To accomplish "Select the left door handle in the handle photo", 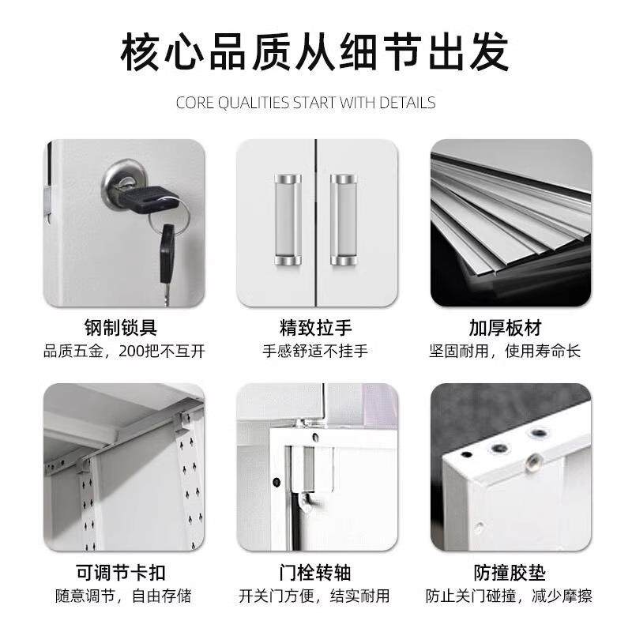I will (x=288, y=219).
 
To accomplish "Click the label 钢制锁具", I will (x=124, y=327).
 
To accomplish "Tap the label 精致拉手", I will (x=315, y=327).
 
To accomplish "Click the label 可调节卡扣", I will (x=124, y=572).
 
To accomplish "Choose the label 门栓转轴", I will (x=315, y=572).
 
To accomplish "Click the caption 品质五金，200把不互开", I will (x=124, y=351).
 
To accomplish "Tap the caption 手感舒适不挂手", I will (x=315, y=351).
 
